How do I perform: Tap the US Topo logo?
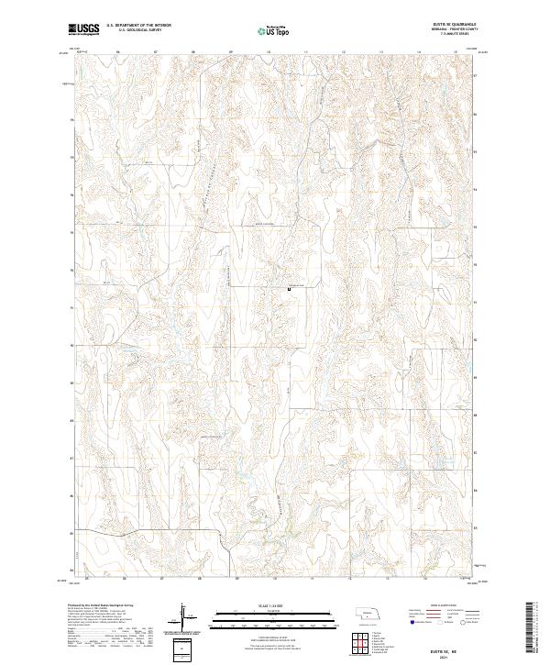[x=275, y=31]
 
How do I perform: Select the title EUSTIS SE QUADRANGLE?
[x=447, y=23]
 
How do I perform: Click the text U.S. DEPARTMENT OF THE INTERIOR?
[x=139, y=26]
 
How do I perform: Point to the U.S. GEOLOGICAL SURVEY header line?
[x=138, y=30]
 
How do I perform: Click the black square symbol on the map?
[x=290, y=290]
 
